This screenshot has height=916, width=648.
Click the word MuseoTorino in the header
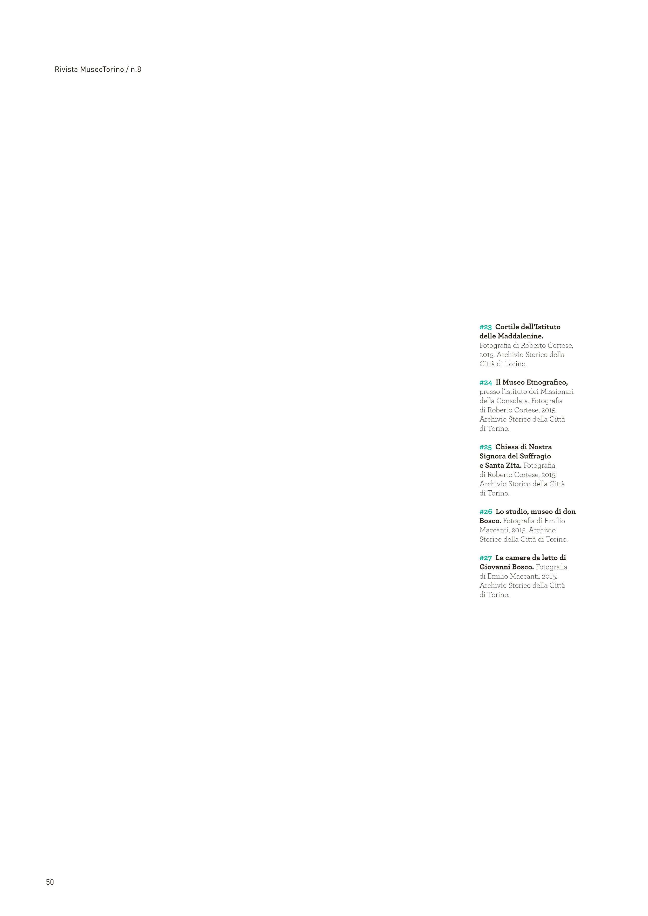[x=102, y=69]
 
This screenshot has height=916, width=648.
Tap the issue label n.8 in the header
[x=136, y=69]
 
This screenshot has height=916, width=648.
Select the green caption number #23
[x=485, y=327]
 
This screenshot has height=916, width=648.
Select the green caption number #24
[x=485, y=383]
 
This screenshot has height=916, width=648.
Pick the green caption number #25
[x=485, y=447]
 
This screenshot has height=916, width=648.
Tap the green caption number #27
[x=485, y=558]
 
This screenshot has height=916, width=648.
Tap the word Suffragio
[x=536, y=456]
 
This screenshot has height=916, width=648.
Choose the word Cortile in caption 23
[x=507, y=327]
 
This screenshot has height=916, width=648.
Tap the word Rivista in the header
[x=66, y=69]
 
